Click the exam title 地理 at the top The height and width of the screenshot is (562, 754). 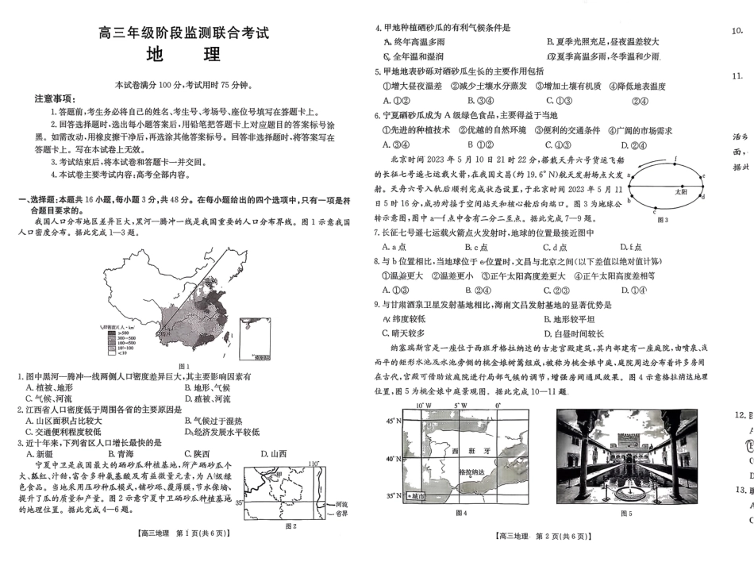coord(184,56)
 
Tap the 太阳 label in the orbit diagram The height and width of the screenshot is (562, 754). coord(681,191)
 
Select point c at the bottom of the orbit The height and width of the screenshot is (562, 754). coord(654,210)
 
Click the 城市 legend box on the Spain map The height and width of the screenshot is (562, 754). coord(414,496)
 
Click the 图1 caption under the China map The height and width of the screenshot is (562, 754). coord(184,365)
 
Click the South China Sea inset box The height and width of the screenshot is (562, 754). coord(252,337)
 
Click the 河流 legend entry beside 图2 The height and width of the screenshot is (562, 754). coord(341,504)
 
